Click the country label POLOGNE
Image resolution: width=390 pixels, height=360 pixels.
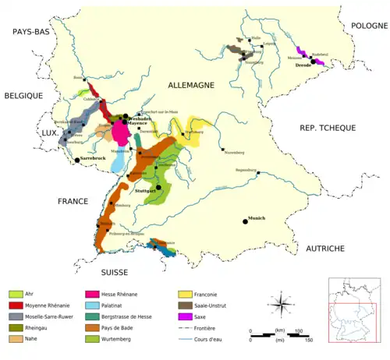pos(360,26)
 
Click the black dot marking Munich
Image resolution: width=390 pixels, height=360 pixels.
pos(245,221)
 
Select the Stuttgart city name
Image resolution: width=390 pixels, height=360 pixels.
pos(147,191)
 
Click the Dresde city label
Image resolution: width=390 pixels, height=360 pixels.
pos(303,66)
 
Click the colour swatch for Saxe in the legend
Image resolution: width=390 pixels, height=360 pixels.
pos(185,317)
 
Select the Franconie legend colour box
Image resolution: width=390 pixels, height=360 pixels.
pos(185,294)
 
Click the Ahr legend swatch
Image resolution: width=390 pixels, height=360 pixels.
pos(16,294)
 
